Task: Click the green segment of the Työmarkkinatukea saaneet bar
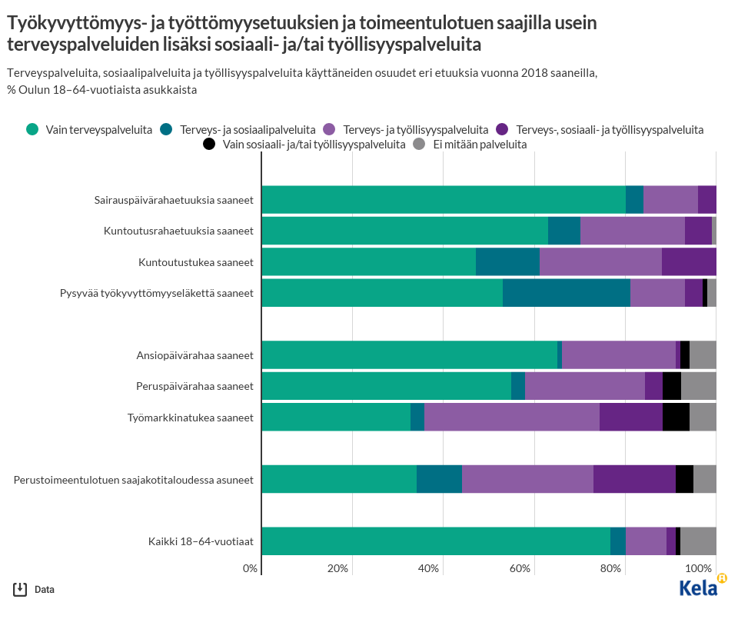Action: [x=336, y=418]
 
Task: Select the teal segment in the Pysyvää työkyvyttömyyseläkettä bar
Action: [x=566, y=293]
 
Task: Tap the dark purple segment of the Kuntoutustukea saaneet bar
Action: [x=689, y=262]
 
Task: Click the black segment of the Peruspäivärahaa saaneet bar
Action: [x=671, y=386]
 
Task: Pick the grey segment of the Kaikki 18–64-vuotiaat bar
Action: [x=698, y=541]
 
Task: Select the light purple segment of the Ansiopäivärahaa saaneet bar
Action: [x=618, y=355]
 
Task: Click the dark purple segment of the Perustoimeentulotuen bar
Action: [x=634, y=479]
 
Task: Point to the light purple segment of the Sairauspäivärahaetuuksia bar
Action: [x=670, y=200]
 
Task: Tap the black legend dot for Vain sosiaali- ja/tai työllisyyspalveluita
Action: [x=209, y=144]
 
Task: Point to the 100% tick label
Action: [x=699, y=568]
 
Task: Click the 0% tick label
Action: [x=250, y=568]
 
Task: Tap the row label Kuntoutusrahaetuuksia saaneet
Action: [x=178, y=231]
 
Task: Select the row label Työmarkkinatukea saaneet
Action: [x=190, y=418]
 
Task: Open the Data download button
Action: [x=34, y=590]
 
